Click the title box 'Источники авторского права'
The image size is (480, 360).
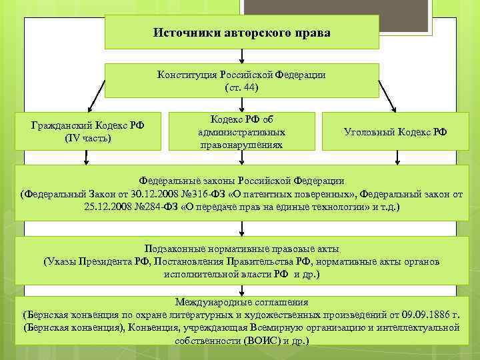tap(241, 32)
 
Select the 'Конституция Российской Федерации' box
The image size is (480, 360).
tap(241, 80)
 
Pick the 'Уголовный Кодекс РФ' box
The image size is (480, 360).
tap(395, 131)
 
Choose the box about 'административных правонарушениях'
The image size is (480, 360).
tap(241, 131)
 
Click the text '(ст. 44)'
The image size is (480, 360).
tap(241, 87)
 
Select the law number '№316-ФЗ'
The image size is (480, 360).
tap(193, 194)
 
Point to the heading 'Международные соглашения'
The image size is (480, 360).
tap(241, 301)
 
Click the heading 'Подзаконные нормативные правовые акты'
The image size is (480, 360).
tap(241, 249)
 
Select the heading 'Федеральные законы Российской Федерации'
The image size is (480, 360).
tap(241, 181)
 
